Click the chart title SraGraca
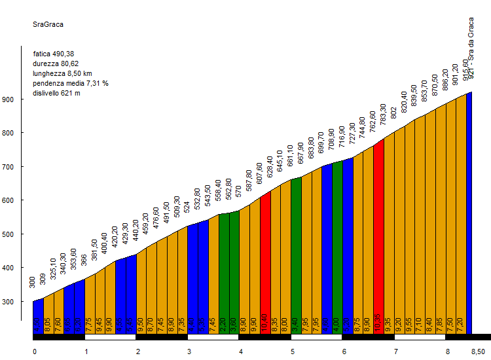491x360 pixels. point(48,25)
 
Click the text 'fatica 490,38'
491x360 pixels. point(54,54)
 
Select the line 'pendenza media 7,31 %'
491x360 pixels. point(71,83)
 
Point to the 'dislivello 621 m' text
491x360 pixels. point(56,93)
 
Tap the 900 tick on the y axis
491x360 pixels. point(26,99)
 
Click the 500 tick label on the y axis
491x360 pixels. point(26,234)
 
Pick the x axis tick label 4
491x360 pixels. point(241,351)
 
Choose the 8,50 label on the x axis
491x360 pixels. point(479,351)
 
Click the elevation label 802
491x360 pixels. point(393,113)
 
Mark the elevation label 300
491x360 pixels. point(33,282)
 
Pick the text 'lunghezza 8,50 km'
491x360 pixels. point(62,73)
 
